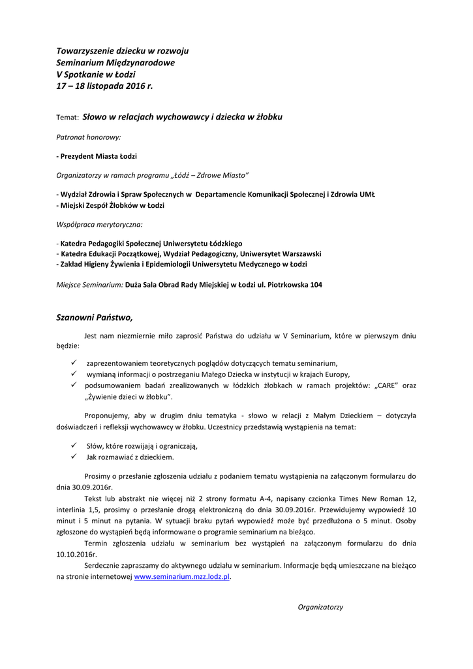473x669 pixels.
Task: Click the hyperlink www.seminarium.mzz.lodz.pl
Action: (x=182, y=577)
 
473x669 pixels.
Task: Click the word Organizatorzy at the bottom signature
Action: (x=320, y=607)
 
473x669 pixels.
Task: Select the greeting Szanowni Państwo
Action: (x=95, y=318)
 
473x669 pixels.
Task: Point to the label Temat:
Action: (x=68, y=118)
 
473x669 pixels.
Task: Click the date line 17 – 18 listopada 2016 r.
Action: (x=104, y=86)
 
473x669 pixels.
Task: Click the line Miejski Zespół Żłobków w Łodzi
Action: (x=110, y=205)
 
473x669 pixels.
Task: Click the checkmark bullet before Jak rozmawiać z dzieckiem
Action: (x=74, y=457)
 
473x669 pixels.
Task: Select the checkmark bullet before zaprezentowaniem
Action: (x=74, y=362)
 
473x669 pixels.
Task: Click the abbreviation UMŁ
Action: (x=367, y=195)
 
